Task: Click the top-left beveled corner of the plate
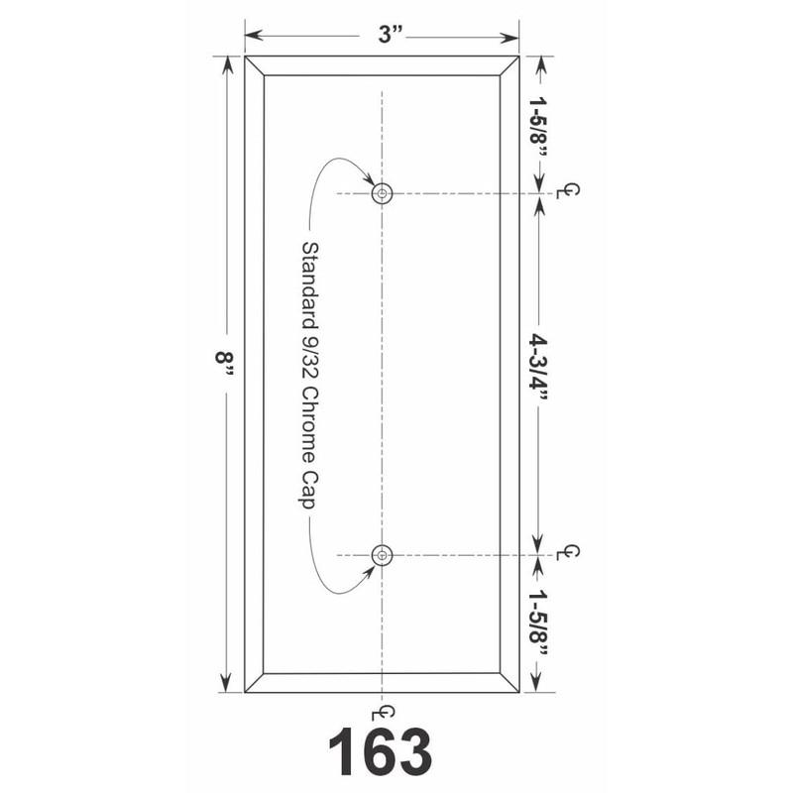click(x=255, y=65)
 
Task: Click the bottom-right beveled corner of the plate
click(x=510, y=683)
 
